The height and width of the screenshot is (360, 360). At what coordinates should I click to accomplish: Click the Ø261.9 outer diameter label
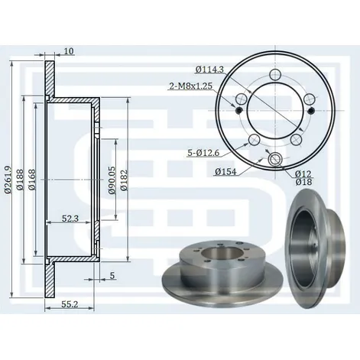(x=8, y=180)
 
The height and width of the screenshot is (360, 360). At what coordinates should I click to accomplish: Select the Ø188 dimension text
(x=20, y=180)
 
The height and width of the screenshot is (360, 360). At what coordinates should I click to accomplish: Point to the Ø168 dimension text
(x=32, y=180)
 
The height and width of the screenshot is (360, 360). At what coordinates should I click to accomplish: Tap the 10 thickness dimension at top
(x=69, y=51)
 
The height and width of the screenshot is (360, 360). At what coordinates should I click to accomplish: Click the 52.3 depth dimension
(x=70, y=218)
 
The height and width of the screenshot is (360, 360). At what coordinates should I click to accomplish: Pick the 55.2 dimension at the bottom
(x=70, y=304)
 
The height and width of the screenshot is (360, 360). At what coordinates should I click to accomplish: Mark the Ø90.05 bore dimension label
(x=112, y=180)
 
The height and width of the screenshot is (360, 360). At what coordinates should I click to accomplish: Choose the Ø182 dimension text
(x=124, y=180)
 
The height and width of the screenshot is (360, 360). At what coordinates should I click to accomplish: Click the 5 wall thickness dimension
(x=112, y=275)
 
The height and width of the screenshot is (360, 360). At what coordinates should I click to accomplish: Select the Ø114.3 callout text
(x=209, y=70)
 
